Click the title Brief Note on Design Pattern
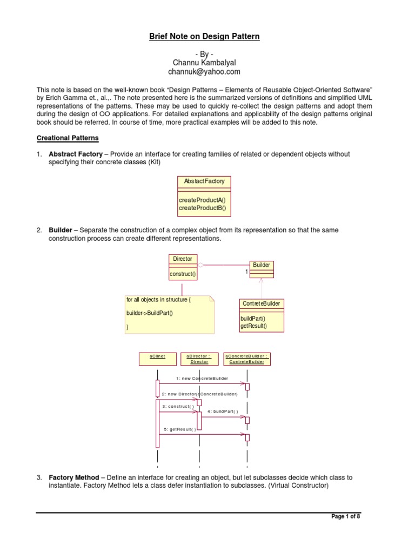point(204,37)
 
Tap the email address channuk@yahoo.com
point(204,71)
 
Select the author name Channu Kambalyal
point(204,63)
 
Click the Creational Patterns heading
point(68,138)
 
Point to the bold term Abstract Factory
point(76,154)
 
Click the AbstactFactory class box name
point(204,181)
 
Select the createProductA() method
point(198,200)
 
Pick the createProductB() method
point(198,207)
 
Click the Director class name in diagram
point(182,259)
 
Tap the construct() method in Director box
point(183,274)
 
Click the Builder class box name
point(261,265)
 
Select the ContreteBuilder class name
point(262,304)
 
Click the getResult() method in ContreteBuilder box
point(253,326)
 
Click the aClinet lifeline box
point(157,356)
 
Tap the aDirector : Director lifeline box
point(199,359)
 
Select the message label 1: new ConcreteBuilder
point(202,378)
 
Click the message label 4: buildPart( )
point(222,412)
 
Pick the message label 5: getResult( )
point(180,429)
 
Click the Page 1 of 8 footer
point(345,517)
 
